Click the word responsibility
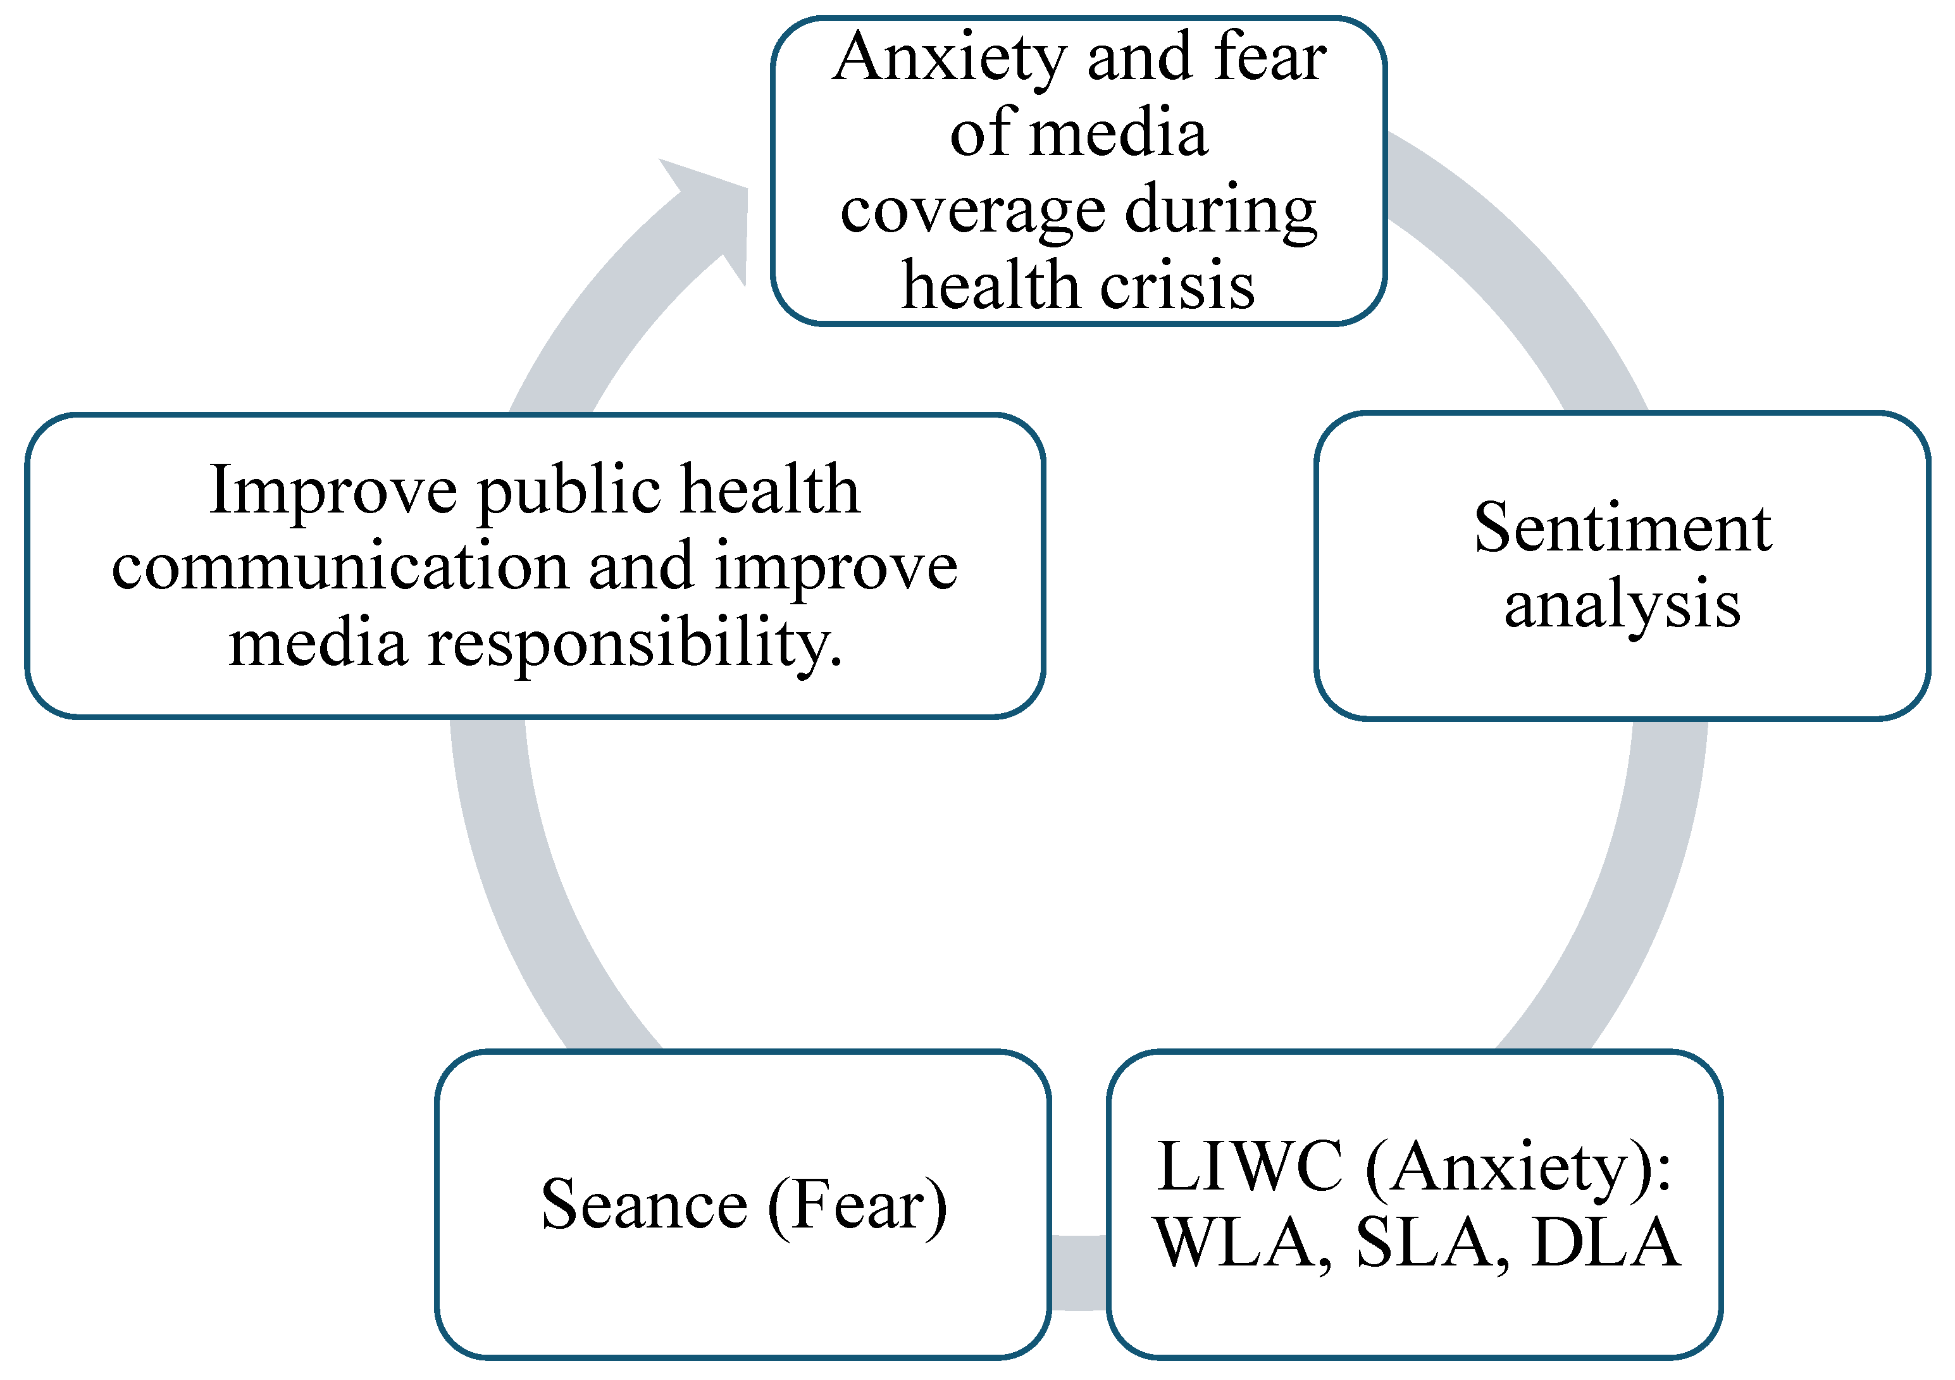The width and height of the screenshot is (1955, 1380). click(x=635, y=643)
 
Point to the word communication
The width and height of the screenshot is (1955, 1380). click(x=340, y=567)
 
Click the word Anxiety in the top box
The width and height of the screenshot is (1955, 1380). click(x=950, y=58)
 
